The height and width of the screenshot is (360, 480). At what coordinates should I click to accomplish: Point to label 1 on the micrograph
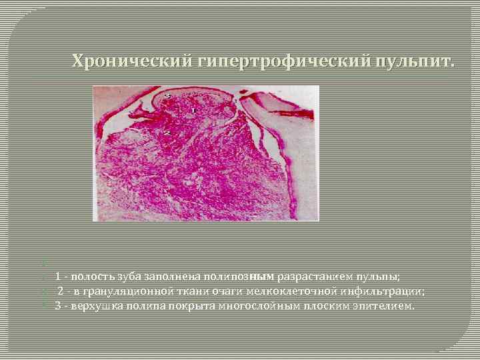193,110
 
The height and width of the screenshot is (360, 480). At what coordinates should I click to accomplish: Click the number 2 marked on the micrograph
167,133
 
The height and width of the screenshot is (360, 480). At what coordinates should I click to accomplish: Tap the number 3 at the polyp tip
168,97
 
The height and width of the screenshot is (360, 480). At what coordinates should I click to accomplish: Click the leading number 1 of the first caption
59,276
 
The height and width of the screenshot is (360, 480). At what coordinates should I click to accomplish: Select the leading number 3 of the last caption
58,306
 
